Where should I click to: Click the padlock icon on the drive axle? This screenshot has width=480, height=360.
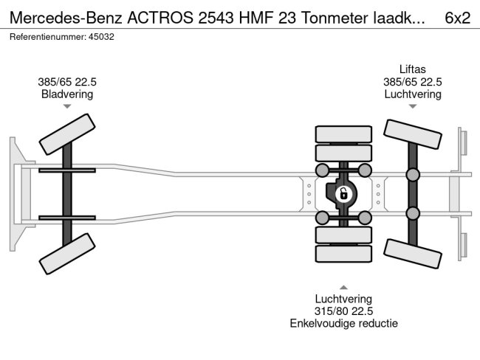[x=343, y=195]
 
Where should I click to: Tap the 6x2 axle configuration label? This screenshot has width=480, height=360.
[x=457, y=18]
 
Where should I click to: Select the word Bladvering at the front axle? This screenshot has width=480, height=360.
[x=67, y=94]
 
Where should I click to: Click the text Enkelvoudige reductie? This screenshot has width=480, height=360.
[x=343, y=323]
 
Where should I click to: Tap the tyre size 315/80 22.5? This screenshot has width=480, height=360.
[x=343, y=311]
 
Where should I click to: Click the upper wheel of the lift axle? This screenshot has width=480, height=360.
[x=412, y=136]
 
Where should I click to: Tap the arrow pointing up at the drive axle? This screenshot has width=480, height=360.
[x=343, y=287]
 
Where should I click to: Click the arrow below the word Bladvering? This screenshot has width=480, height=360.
[x=67, y=107]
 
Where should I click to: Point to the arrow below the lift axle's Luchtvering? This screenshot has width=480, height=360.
[x=412, y=107]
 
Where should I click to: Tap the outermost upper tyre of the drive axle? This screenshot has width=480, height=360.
[x=343, y=134]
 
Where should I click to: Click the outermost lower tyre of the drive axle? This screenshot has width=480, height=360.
[x=343, y=255]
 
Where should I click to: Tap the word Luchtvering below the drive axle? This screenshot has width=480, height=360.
[x=343, y=298]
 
